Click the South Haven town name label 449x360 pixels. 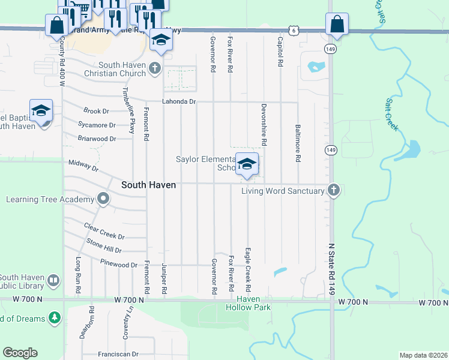(149, 185)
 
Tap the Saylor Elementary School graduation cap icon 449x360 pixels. (247, 164)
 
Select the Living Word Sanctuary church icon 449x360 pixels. (335, 191)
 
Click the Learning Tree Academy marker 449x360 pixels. (103, 199)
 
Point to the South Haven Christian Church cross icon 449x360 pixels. (155, 67)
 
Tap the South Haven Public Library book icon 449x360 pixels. (53, 281)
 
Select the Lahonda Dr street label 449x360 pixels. (179, 101)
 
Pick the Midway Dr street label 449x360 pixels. (83, 164)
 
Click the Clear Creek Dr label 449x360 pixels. (104, 236)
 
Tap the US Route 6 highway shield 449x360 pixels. (292, 29)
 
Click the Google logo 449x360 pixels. (20, 353)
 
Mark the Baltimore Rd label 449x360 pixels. (297, 143)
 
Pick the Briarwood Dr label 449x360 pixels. (97, 139)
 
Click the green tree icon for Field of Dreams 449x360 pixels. (54, 316)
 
